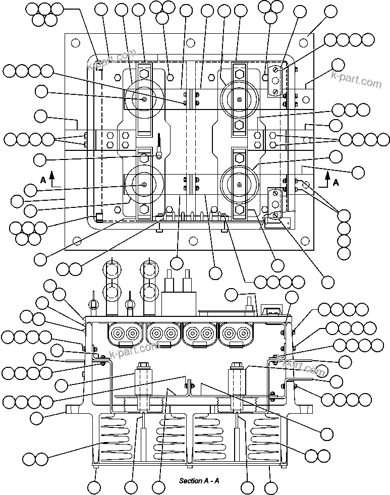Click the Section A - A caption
[x=199, y=480]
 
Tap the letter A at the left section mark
[x=43, y=179]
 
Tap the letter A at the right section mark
[x=336, y=183]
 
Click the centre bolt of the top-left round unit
[x=144, y=99]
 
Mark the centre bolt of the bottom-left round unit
[x=144, y=185]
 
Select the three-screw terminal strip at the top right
[x=275, y=80]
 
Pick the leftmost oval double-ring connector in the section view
[x=126, y=333]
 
